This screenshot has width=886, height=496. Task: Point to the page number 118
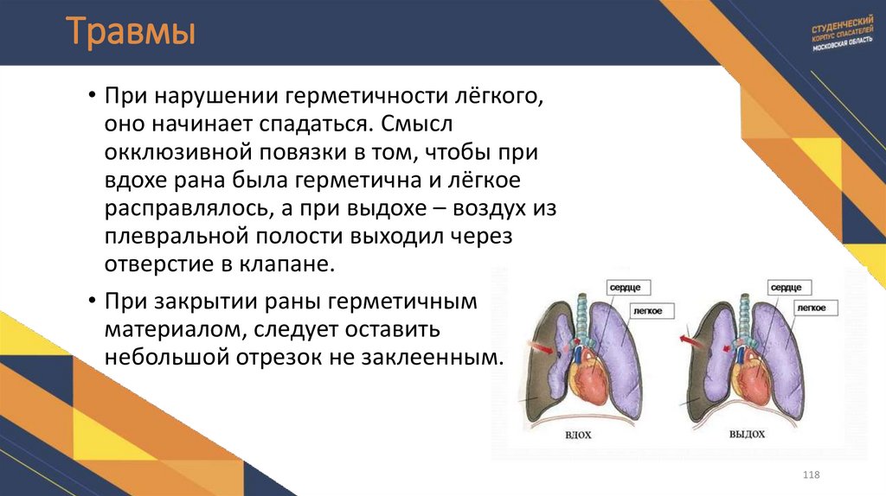click(811, 476)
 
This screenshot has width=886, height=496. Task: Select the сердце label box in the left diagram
click(632, 286)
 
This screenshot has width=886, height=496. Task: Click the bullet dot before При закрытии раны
click(92, 303)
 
